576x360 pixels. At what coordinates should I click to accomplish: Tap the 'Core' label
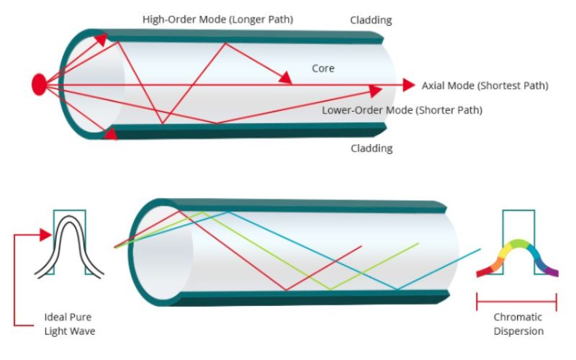tap(323, 68)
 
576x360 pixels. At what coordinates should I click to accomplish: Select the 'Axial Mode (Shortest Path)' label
tap(485, 86)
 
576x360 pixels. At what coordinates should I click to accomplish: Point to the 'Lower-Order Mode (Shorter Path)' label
tap(402, 110)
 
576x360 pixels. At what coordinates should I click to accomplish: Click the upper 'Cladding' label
tap(371, 20)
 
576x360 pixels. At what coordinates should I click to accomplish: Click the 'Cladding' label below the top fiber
tap(371, 148)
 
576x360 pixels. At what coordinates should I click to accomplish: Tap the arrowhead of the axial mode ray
tap(409, 85)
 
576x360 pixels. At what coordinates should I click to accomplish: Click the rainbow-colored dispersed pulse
tap(518, 256)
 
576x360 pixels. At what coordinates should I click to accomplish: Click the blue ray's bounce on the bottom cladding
tap(396, 289)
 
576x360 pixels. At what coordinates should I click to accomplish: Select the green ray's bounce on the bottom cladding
tap(330, 289)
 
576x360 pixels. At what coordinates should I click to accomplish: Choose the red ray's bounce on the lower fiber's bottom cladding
tap(287, 289)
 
